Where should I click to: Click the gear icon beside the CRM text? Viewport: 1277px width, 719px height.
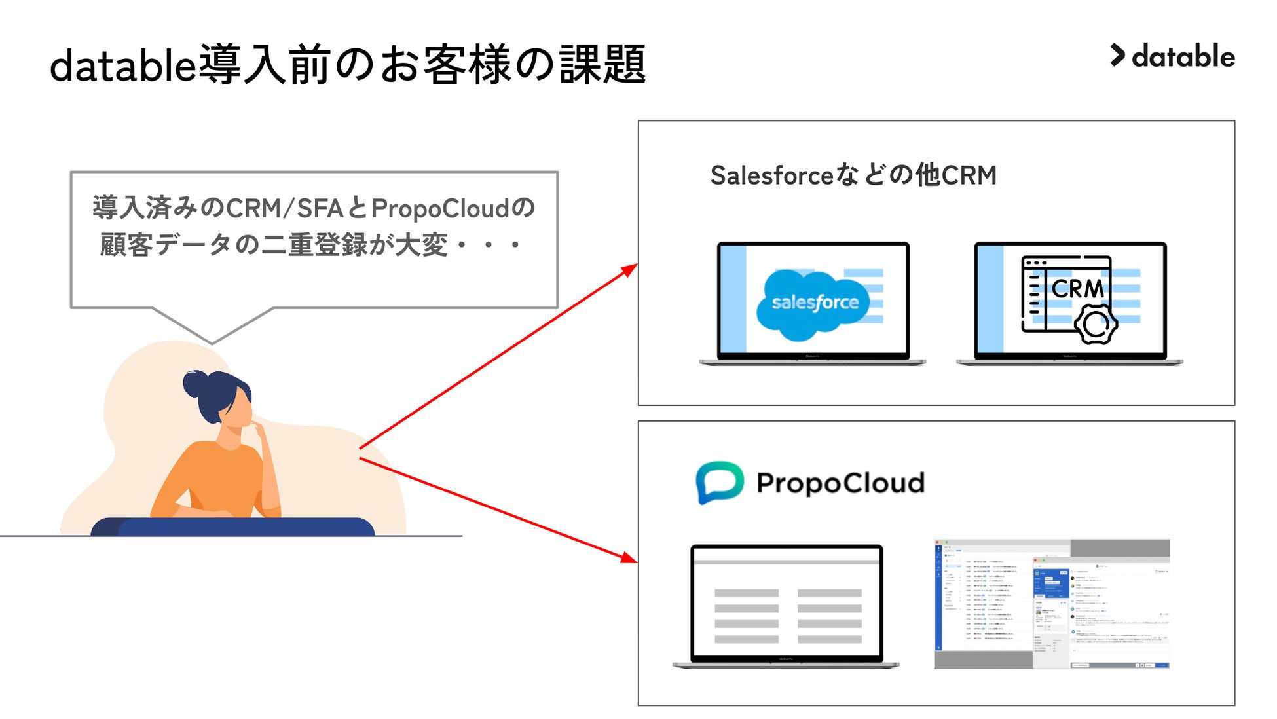(1096, 323)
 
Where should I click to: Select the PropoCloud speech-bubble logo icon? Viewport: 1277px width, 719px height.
(719, 482)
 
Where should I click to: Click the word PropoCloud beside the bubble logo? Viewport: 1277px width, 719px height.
(840, 483)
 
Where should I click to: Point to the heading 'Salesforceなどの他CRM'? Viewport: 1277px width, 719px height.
(853, 175)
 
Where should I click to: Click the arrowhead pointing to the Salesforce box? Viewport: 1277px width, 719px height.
(630, 269)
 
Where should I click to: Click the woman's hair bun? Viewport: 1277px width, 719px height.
(194, 383)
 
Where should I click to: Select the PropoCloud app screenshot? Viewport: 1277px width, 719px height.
(1051, 604)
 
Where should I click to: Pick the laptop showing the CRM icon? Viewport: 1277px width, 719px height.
(1070, 303)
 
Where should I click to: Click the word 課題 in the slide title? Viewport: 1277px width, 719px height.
(602, 65)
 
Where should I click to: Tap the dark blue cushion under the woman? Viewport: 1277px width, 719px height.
(232, 526)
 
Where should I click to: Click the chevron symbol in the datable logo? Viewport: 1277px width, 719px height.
(1117, 55)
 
